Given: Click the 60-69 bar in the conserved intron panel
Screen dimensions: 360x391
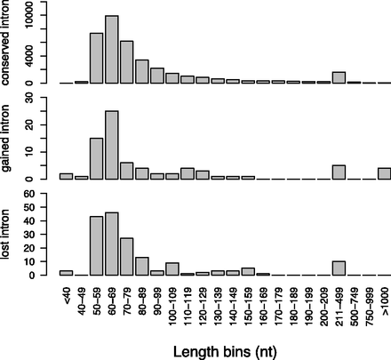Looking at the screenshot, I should coord(112,50).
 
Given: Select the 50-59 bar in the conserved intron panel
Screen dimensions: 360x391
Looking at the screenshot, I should coord(97,58).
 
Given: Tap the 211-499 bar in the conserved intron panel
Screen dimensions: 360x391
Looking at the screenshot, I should coord(339,77).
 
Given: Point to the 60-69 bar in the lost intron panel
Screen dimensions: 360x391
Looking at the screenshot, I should coord(112,244).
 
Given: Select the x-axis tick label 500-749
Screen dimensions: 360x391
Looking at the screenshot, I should coord(354,303).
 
